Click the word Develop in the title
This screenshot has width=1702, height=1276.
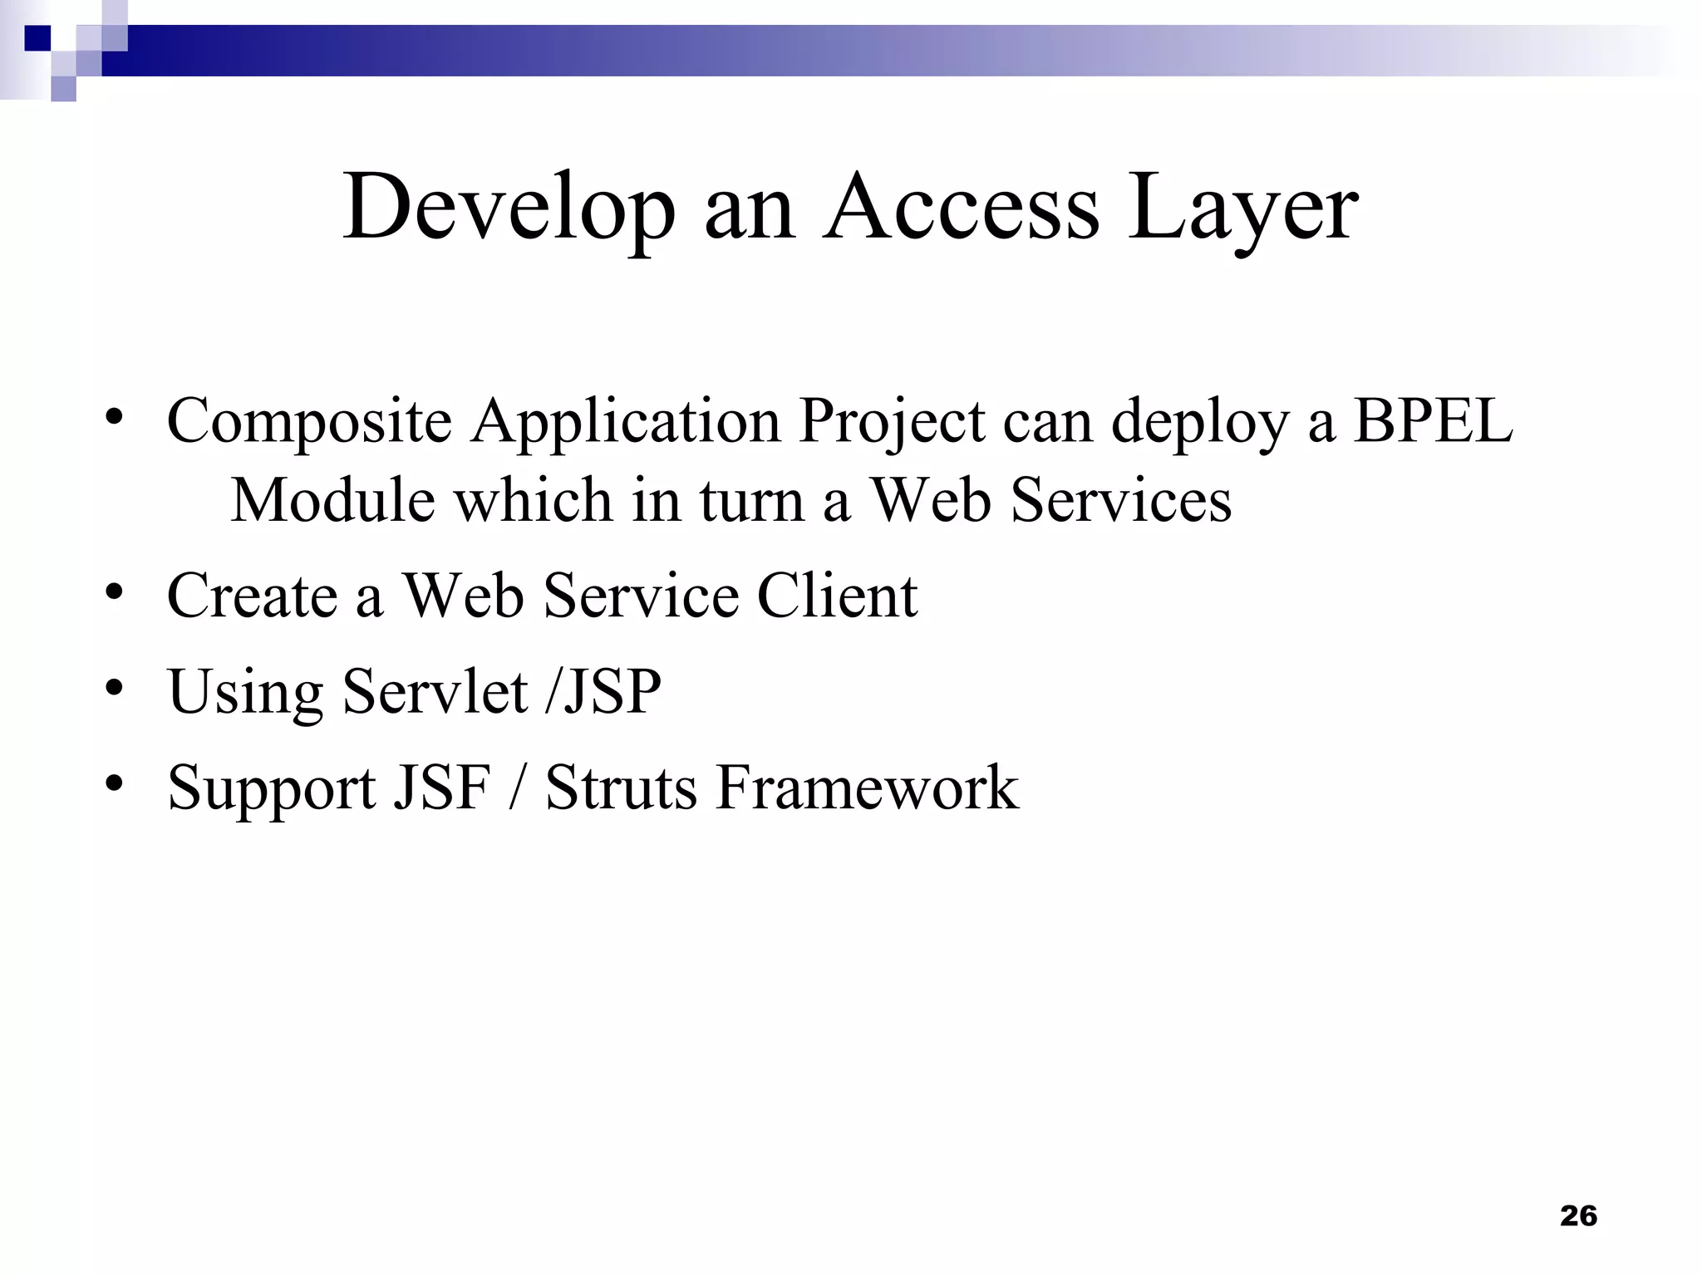pyautogui.click(x=509, y=208)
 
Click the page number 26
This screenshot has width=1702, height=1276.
pyautogui.click(x=1578, y=1215)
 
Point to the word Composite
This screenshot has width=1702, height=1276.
pyautogui.click(x=309, y=422)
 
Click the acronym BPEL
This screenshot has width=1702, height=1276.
pyautogui.click(x=1433, y=420)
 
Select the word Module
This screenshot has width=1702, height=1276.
pyautogui.click(x=332, y=500)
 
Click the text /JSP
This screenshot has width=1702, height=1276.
pyautogui.click(x=603, y=691)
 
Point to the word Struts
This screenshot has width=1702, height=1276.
pyautogui.click(x=621, y=787)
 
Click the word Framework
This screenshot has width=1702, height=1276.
pyautogui.click(x=867, y=787)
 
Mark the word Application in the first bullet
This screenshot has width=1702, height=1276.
pyautogui.click(x=626, y=422)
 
